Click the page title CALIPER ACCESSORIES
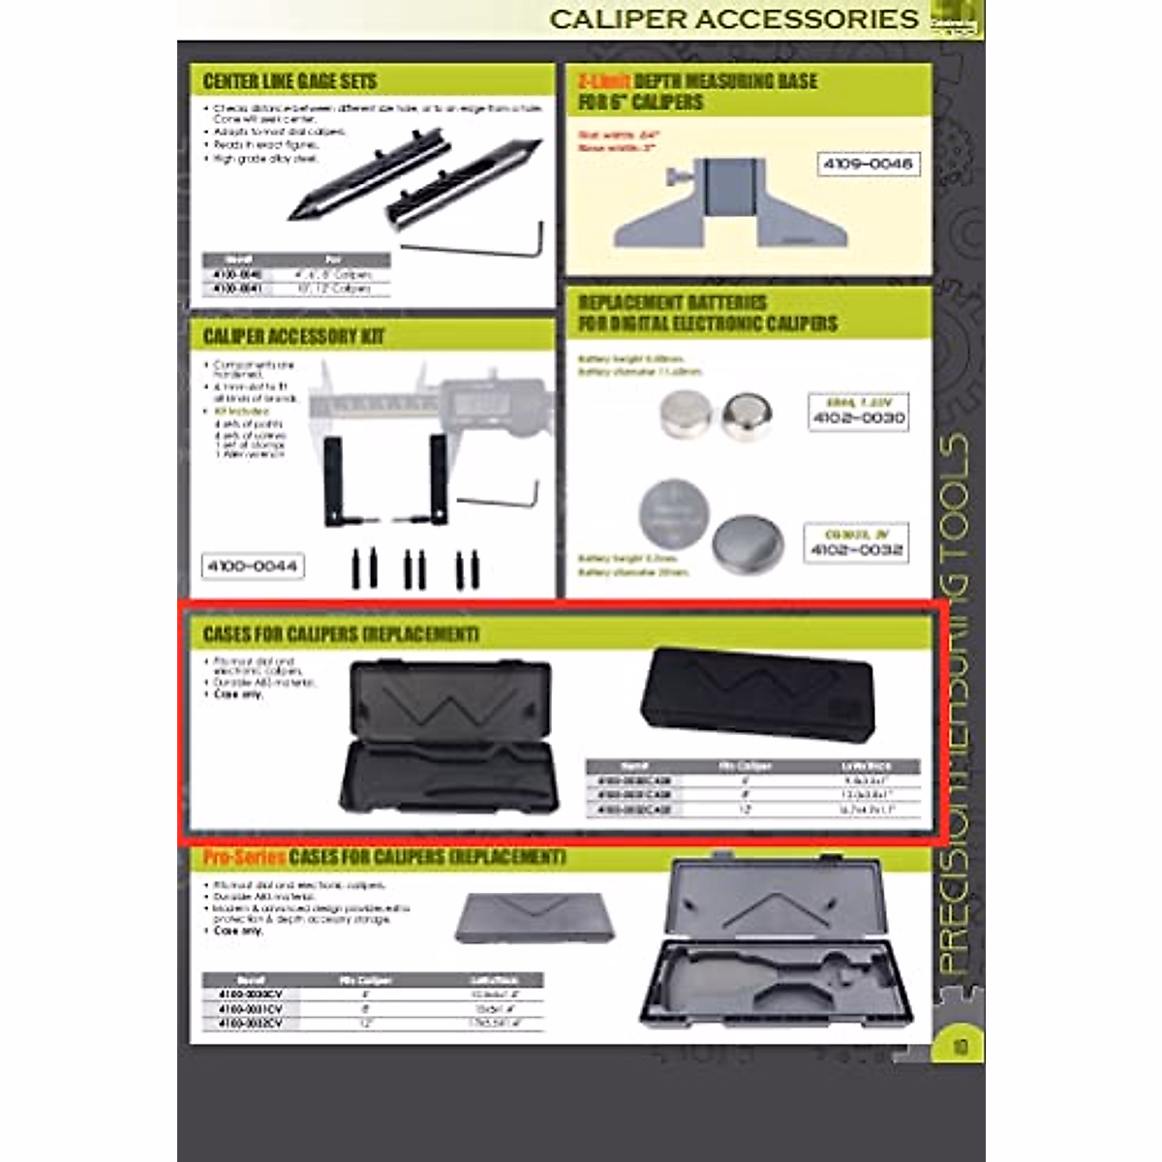[x=734, y=18]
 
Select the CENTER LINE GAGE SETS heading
[x=290, y=81]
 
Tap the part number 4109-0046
[x=868, y=165]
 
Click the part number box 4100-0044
[x=253, y=566]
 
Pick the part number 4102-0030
[x=858, y=418]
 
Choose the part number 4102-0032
[x=856, y=550]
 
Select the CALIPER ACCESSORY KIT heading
[x=293, y=336]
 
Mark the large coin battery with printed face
[x=674, y=513]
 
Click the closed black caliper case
[x=758, y=691]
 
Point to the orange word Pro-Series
[x=244, y=858]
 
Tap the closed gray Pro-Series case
[x=534, y=916]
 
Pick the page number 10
[x=960, y=1046]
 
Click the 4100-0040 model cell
[x=237, y=275]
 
